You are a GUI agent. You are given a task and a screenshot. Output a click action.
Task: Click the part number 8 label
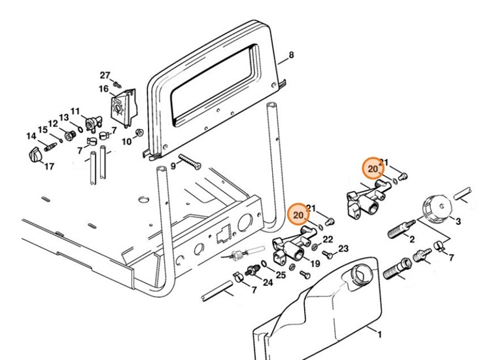click(x=292, y=56)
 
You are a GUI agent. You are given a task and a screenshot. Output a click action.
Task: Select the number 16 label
click(x=103, y=89)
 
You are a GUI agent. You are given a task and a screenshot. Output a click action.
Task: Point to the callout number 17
click(x=48, y=166)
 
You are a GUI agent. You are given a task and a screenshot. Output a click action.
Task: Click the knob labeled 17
click(x=34, y=156)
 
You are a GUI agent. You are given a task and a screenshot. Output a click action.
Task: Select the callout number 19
click(x=315, y=264)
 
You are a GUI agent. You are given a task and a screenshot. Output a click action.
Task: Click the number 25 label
click(x=281, y=275)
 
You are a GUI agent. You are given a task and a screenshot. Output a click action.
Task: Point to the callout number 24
click(x=268, y=282)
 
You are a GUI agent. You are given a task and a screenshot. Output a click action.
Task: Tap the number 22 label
click(x=328, y=240)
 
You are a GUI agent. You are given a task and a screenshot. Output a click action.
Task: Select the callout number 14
click(x=31, y=136)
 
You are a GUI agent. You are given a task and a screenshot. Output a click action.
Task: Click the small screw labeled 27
click(x=117, y=84)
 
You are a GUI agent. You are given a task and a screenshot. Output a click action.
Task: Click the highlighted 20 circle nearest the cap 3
click(x=373, y=169)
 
